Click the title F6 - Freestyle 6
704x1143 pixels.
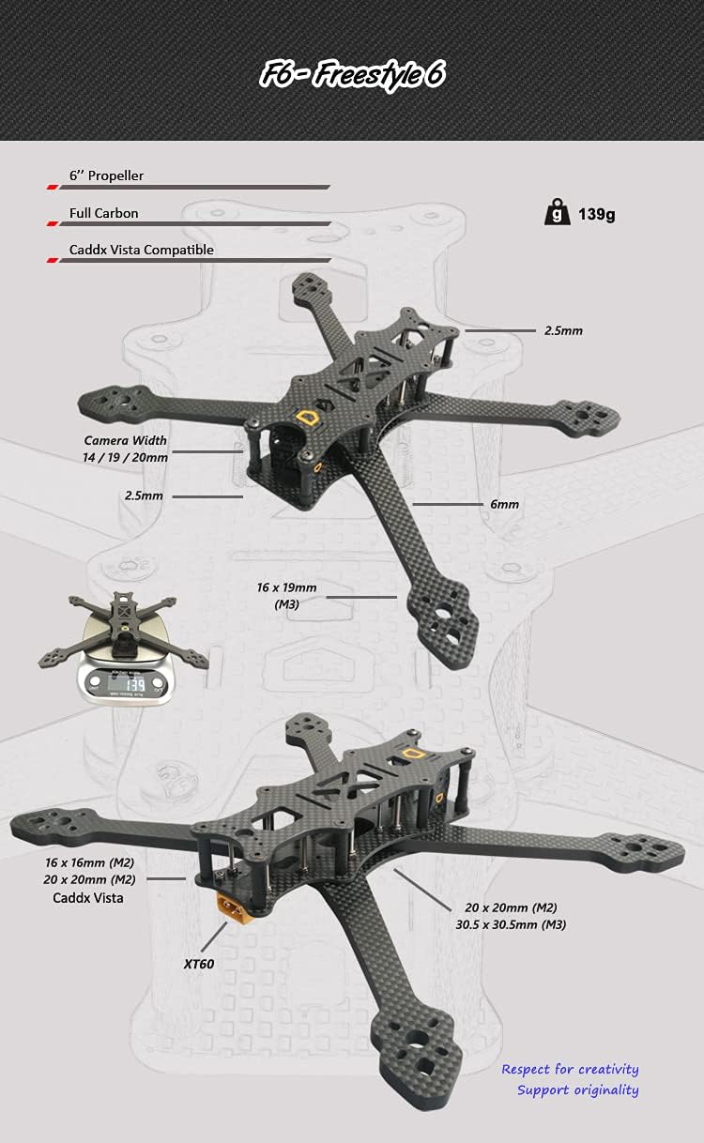[x=352, y=74]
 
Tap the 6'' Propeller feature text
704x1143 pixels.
[x=106, y=175]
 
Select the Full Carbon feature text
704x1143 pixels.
[x=103, y=213]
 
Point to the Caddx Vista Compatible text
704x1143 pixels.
[x=142, y=250]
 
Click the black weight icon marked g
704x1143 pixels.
[x=557, y=212]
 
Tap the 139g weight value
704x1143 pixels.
[x=596, y=214]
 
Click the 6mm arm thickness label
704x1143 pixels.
[x=504, y=504]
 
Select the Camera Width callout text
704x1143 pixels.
[x=125, y=440]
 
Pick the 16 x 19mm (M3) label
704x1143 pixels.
[x=286, y=596]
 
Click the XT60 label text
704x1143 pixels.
[x=199, y=964]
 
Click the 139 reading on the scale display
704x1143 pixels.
[x=134, y=684]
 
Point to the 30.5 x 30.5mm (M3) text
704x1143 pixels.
[x=511, y=924]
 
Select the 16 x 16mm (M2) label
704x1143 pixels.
[x=89, y=862]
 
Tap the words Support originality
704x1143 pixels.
[x=578, y=1090]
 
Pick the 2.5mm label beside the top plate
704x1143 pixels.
[x=563, y=330]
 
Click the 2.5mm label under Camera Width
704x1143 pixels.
[x=144, y=495]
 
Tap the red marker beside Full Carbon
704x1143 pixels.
[x=52, y=224]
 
